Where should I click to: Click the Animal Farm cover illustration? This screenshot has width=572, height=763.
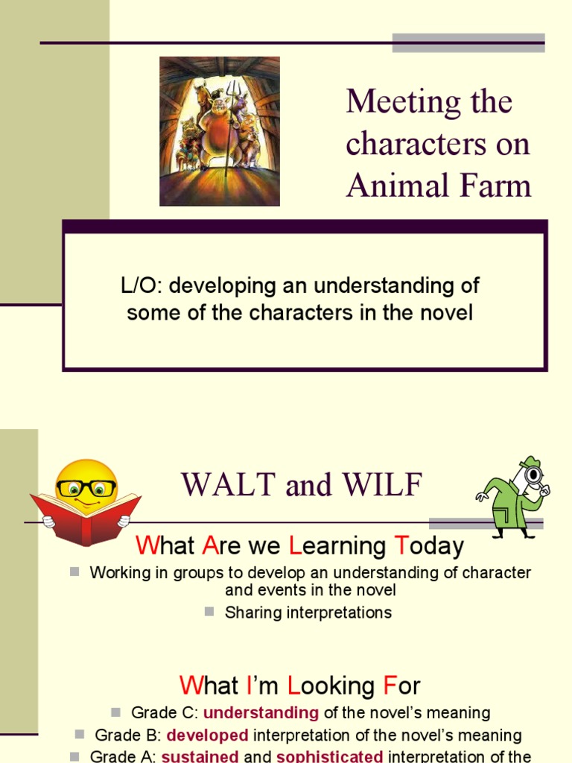(x=220, y=131)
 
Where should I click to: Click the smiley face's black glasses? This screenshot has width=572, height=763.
(x=86, y=488)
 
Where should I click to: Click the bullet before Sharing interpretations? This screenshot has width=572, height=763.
(x=209, y=612)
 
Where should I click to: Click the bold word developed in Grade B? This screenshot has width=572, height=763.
(x=208, y=735)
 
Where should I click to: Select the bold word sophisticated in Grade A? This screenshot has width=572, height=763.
(x=330, y=756)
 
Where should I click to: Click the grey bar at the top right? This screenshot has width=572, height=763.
(x=468, y=43)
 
